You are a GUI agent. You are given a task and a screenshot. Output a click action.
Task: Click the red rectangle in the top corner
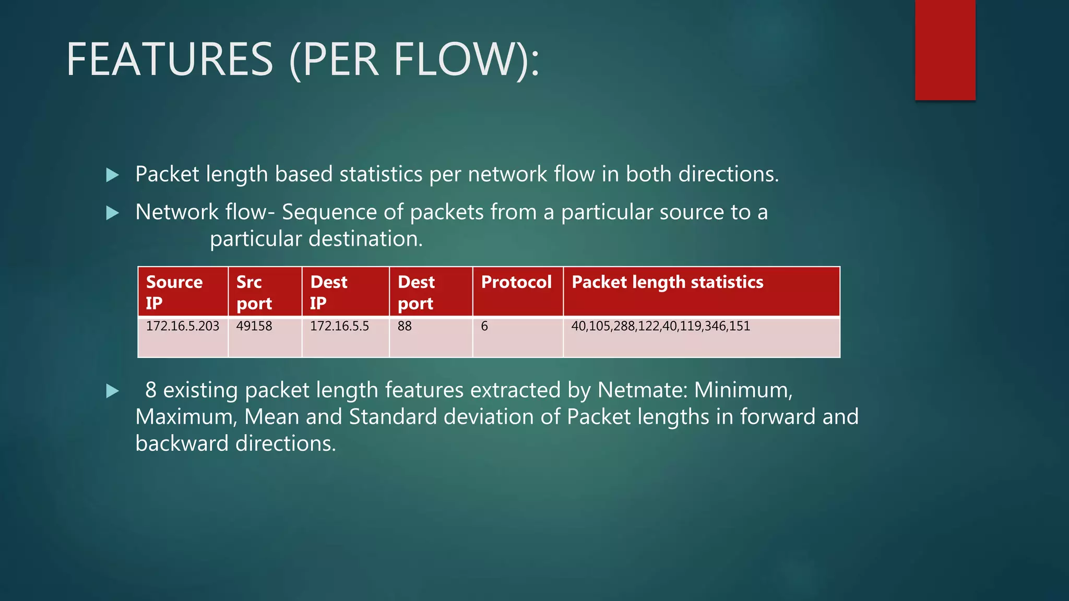(x=945, y=50)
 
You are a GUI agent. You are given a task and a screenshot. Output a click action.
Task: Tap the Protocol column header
(x=517, y=282)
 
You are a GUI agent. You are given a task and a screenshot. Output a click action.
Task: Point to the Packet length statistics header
(x=668, y=282)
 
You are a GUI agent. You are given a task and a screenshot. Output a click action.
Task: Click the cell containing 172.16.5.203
(x=183, y=327)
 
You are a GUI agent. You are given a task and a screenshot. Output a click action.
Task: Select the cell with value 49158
(x=254, y=327)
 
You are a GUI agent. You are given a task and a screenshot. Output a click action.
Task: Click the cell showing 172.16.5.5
(x=340, y=327)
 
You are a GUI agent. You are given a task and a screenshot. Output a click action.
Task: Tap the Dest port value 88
(x=405, y=327)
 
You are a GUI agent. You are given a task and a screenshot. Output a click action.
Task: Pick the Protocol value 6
(x=485, y=327)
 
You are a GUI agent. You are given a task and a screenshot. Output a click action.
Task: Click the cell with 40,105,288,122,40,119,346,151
(x=661, y=327)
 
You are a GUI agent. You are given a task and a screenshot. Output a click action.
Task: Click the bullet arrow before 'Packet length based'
(x=112, y=175)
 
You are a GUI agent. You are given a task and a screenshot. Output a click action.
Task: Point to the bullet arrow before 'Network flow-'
(x=112, y=213)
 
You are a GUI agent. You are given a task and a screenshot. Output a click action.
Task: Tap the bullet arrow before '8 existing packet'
(x=112, y=391)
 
